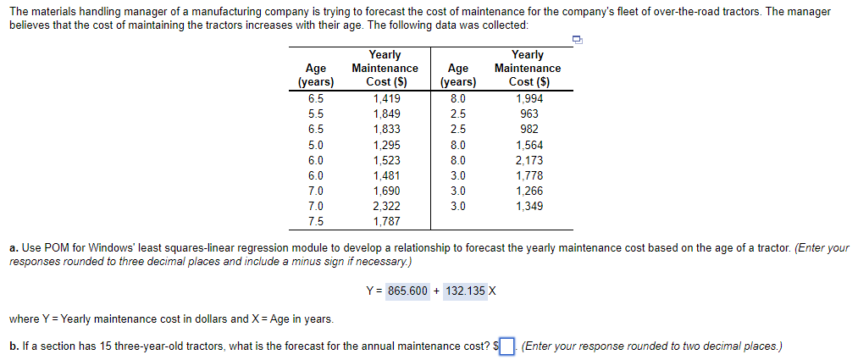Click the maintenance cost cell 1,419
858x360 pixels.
pos(385,98)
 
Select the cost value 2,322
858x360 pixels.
pos(385,206)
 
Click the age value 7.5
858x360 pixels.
pos(315,221)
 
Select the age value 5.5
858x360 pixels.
pos(315,114)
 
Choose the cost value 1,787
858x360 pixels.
pos(385,221)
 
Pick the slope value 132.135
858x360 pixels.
pos(465,291)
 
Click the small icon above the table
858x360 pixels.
pos(578,39)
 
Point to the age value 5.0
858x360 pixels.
pos(315,144)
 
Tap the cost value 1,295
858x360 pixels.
pos(385,144)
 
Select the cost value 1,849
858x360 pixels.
pos(385,114)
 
